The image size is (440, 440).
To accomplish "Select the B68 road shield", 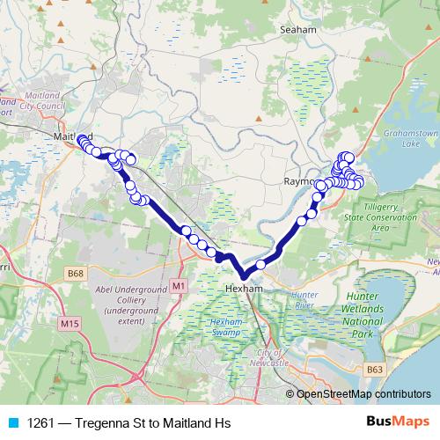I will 77,275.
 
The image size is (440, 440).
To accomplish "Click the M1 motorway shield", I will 180,286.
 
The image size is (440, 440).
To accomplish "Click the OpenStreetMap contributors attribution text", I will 363,394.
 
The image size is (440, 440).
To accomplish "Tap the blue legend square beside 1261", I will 11,423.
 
